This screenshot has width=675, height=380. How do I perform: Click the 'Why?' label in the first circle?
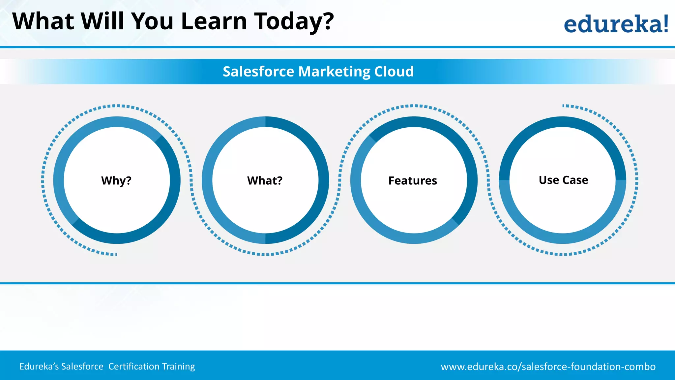point(116,181)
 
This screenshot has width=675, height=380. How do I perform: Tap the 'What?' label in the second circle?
point(265,181)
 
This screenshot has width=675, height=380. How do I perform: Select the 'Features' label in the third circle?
point(413,181)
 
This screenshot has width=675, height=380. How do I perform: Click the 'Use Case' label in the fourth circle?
point(563,180)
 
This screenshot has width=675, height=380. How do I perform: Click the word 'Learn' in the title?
point(214,21)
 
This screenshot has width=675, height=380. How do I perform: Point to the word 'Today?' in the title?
point(294,22)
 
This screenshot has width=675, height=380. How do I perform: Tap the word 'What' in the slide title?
point(43,21)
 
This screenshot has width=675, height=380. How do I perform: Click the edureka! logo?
point(616,24)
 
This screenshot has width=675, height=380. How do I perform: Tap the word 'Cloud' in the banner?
point(394,72)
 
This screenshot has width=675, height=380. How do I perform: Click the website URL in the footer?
point(548,366)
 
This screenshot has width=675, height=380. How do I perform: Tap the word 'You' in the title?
point(152,21)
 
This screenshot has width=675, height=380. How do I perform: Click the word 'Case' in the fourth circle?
point(575,180)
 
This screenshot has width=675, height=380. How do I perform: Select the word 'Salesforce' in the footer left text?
point(82,366)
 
